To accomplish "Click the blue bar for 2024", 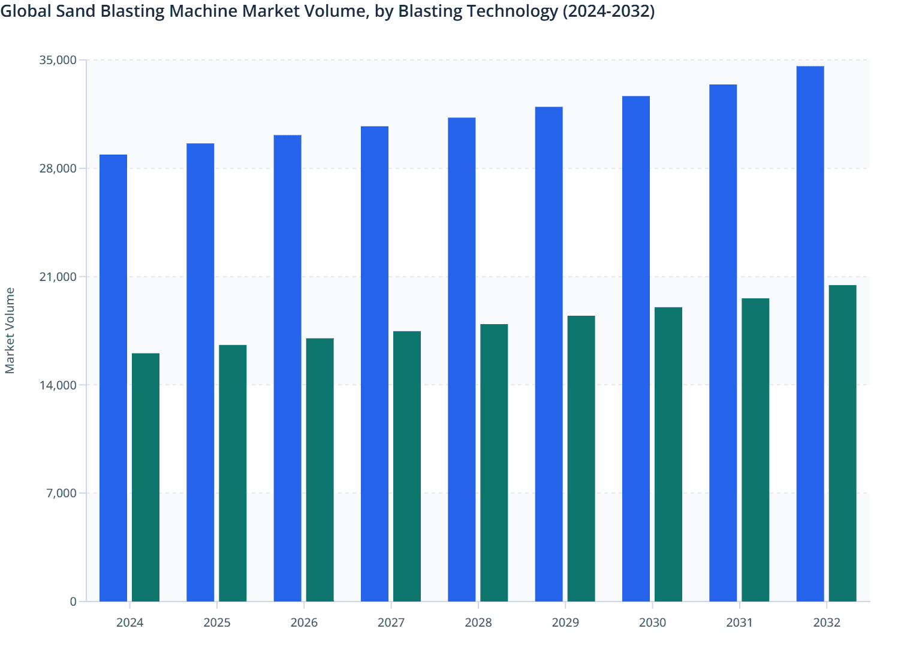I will (x=113, y=378).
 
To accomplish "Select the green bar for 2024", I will (x=146, y=477).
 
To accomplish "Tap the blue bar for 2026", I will (x=288, y=368).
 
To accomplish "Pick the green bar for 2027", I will (x=407, y=466).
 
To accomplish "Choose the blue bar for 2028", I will (x=462, y=359).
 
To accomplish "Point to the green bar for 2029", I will (x=581, y=458).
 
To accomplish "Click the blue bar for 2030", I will (x=636, y=349).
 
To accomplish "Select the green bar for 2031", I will (x=755, y=450).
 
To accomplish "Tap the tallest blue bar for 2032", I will (x=810, y=334).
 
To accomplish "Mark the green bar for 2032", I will (x=842, y=443).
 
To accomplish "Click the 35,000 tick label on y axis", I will (x=58, y=60).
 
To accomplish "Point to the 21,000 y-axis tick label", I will (x=58, y=277).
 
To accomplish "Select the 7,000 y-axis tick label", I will (x=61, y=493).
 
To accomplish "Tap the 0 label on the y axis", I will (x=73, y=602).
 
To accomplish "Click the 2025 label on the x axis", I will (x=217, y=622).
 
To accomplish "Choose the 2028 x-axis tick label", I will (x=478, y=622).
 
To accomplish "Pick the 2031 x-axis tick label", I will (x=739, y=622).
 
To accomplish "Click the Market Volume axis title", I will (x=10, y=331).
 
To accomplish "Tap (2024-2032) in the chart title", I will (x=608, y=11).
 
